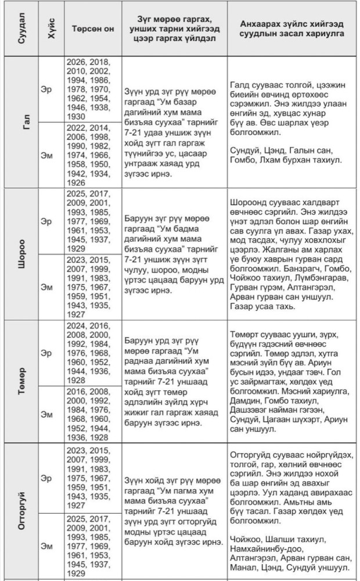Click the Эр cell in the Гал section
(x=47, y=91)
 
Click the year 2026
(x=77, y=62)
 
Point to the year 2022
(x=77, y=127)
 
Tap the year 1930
(x=77, y=117)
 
